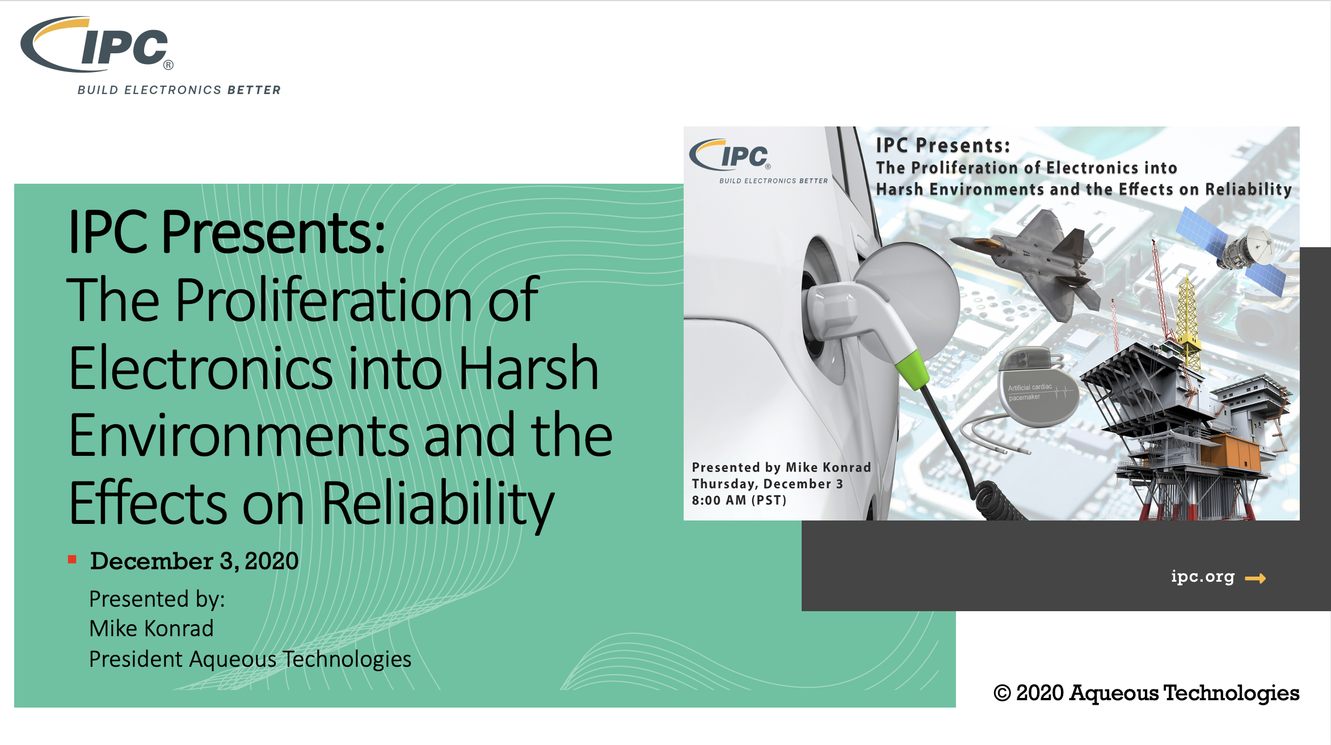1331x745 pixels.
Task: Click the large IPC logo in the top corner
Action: (x=96, y=44)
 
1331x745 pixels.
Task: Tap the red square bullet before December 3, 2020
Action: (x=72, y=560)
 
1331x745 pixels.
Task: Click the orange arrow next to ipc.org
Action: (x=1255, y=578)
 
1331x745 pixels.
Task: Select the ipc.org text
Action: (x=1203, y=577)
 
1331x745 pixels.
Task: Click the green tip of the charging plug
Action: (x=912, y=370)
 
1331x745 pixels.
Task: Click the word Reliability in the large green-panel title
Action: (x=438, y=503)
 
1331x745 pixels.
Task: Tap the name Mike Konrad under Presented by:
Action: (x=151, y=628)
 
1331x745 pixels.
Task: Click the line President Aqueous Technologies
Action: (x=250, y=659)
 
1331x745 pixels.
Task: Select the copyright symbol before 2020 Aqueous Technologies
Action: (x=1002, y=693)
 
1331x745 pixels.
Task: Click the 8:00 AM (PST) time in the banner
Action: (x=739, y=500)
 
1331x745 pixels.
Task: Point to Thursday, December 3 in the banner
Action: (x=767, y=484)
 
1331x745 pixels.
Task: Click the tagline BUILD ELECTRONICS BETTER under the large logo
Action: (x=179, y=90)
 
